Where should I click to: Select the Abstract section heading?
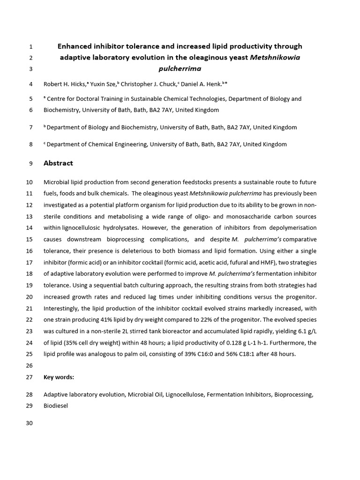pyautogui.click(x=58, y=163)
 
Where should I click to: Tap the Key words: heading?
pyautogui.click(x=59, y=377)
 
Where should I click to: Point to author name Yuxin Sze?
pyautogui.click(x=103, y=84)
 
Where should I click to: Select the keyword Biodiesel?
pyautogui.click(x=56, y=405)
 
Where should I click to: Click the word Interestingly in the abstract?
pyautogui.click(x=63, y=308)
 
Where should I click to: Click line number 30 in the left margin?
pyautogui.click(x=29, y=423)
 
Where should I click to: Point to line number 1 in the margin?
pyautogui.click(x=31, y=46)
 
